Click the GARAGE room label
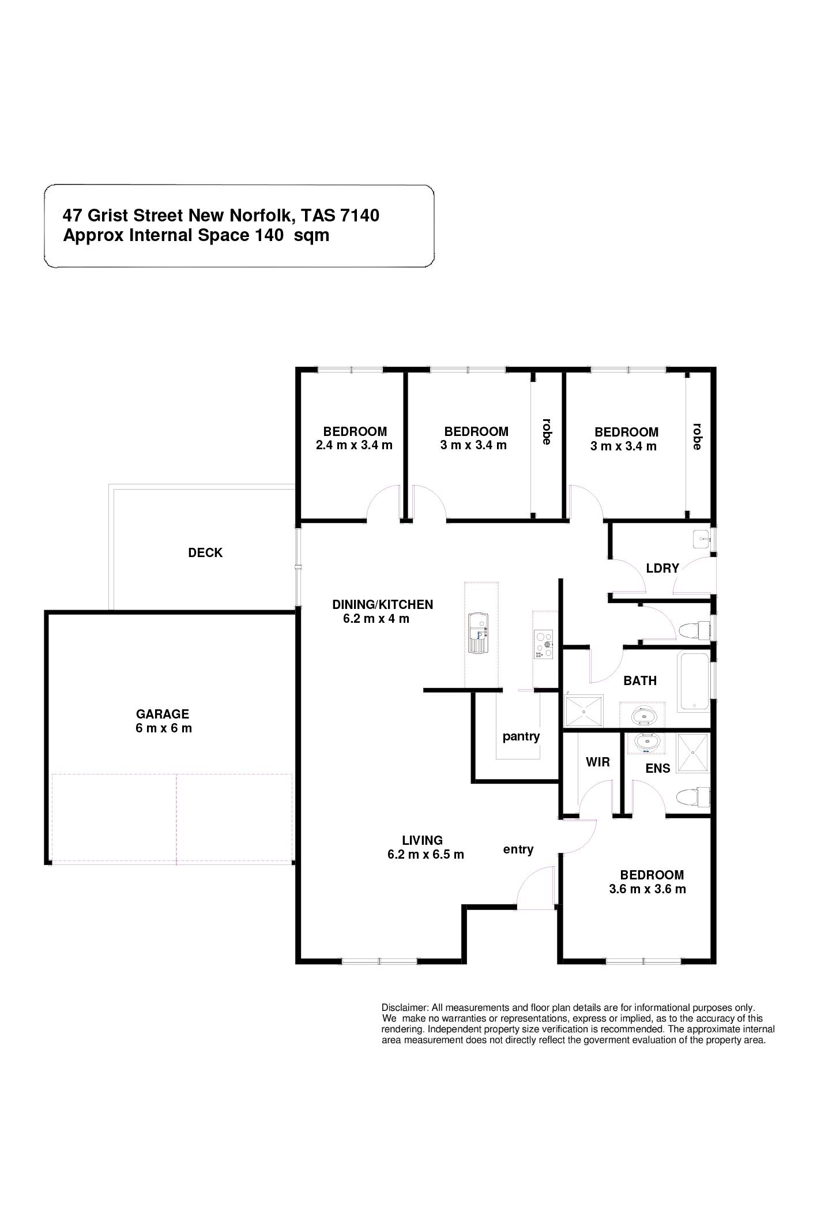coord(163,714)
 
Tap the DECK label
coord(205,552)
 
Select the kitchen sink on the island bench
coord(478,633)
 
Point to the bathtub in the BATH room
coord(694,681)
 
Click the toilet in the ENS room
coord(691,798)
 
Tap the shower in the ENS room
coord(692,752)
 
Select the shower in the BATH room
coord(583,710)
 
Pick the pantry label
coord(521,736)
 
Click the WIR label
coord(597,762)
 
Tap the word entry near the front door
coord(518,849)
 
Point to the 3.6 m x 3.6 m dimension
coord(647,889)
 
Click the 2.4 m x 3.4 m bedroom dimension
coord(354,445)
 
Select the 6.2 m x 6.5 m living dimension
coord(426,854)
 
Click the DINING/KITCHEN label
coord(383,604)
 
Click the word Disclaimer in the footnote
coord(405,1007)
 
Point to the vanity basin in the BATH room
coord(642,716)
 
